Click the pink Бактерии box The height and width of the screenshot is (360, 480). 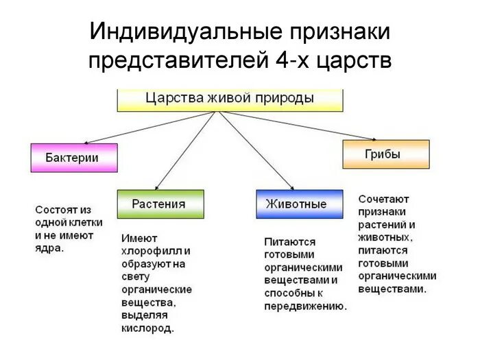pos(74,158)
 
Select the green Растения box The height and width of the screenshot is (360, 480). pos(160,204)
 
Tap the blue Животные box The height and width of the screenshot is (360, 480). pos(300,204)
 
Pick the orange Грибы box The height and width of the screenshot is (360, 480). pos(385,154)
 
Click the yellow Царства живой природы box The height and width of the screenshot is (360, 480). pos(230,98)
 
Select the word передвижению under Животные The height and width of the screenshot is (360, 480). pos(306,307)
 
